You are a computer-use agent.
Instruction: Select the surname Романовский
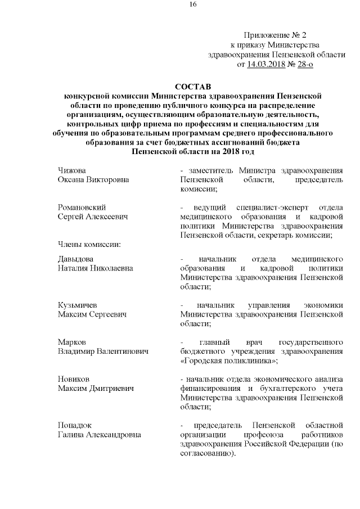[82, 207]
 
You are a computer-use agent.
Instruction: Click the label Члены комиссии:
[87, 244]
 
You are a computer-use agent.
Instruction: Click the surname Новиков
[74, 378]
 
